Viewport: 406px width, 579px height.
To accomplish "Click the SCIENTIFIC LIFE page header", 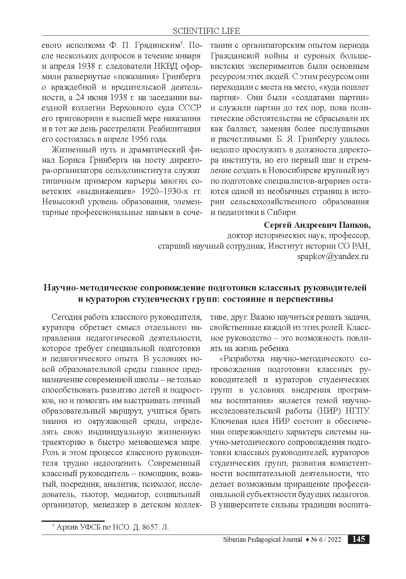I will (206, 31).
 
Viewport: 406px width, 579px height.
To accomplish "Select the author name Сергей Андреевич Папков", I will (317, 225).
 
